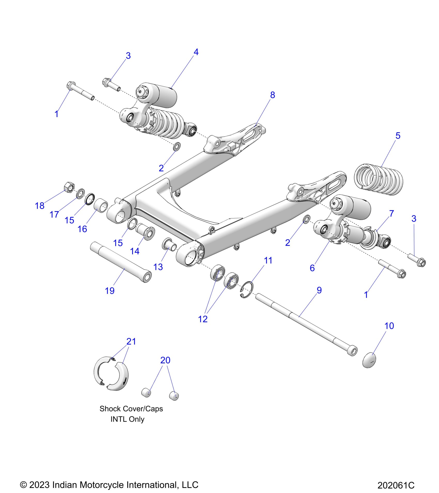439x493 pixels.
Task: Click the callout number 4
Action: pyautogui.click(x=196, y=52)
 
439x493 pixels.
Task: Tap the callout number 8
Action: pyautogui.click(x=272, y=95)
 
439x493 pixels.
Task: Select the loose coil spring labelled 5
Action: pyautogui.click(x=379, y=179)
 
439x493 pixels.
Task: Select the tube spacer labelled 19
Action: pyautogui.click(x=121, y=262)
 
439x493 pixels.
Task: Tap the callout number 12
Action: pyautogui.click(x=203, y=319)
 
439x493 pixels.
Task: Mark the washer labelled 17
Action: pyautogui.click(x=81, y=194)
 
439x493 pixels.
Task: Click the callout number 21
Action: pyautogui.click(x=131, y=341)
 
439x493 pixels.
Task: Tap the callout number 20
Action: pyautogui.click(x=165, y=360)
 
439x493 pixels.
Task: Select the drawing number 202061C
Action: pyautogui.click(x=396, y=485)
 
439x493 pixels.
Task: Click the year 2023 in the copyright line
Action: pyautogui.click(x=40, y=484)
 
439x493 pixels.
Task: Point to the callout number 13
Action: pyautogui.click(x=158, y=267)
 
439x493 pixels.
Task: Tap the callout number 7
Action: pyautogui.click(x=391, y=213)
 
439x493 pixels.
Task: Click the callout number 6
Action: pyautogui.click(x=312, y=268)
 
